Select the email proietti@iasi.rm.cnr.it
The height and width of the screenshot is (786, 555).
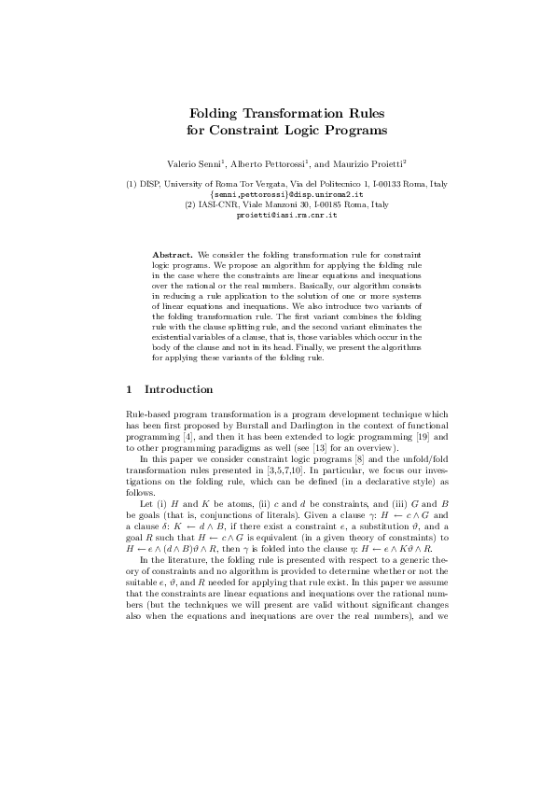(277, 215)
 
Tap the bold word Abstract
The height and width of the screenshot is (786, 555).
(172, 255)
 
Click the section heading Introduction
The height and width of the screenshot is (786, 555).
(179, 389)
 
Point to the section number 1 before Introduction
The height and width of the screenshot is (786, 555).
(128, 389)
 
